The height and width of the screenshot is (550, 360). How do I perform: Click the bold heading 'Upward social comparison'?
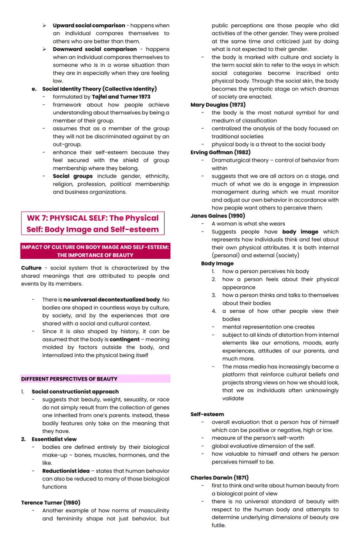coord(89,26)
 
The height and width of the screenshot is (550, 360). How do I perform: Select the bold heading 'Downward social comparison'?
coord(94,49)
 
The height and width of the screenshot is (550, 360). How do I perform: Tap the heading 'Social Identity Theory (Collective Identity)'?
coord(99,89)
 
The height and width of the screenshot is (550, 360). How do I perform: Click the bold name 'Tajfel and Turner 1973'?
coord(124,97)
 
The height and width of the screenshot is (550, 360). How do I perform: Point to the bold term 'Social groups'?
coord(73,176)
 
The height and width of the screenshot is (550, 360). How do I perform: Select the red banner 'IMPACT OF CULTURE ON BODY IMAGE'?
coord(95,251)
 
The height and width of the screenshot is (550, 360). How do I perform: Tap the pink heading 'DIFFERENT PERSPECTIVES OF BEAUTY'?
coord(70,379)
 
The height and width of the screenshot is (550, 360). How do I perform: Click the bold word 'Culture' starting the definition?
coord(31,268)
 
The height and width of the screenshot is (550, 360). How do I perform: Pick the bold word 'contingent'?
coord(124,339)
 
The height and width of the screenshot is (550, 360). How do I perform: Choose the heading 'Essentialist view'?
coord(54,439)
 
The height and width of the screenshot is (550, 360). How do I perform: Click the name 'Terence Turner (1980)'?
coord(50,503)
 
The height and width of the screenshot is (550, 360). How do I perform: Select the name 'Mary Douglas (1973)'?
coord(218,105)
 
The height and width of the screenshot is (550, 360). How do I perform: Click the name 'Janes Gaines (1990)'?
coord(217,216)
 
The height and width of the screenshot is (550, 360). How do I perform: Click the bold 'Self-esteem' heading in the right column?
coord(207,414)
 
